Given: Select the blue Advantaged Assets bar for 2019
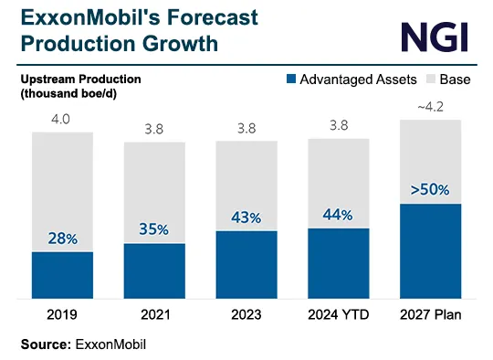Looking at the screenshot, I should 62,274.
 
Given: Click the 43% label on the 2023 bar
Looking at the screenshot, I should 246,217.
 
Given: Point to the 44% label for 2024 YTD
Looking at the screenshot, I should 339,214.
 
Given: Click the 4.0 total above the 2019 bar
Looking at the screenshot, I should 62,120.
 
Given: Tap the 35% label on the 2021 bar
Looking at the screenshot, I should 154,229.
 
